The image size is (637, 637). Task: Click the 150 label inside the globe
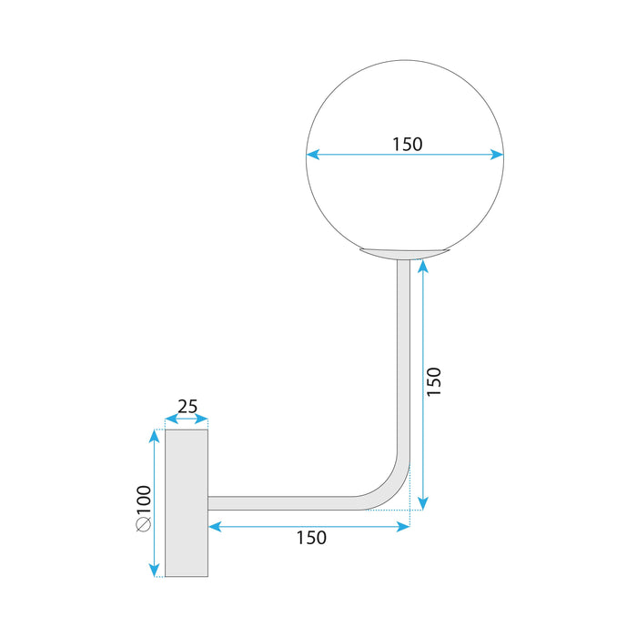(408, 143)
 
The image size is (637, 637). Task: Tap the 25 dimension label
(187, 406)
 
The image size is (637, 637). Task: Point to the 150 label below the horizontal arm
(310, 538)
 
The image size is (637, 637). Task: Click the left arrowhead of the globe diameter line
(311, 155)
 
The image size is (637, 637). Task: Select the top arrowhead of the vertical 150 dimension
(423, 266)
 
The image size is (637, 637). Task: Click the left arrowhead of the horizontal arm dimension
(214, 526)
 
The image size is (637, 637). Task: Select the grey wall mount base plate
(187, 503)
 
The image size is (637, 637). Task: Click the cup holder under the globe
(404, 252)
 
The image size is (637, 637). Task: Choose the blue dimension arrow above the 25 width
(187, 421)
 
